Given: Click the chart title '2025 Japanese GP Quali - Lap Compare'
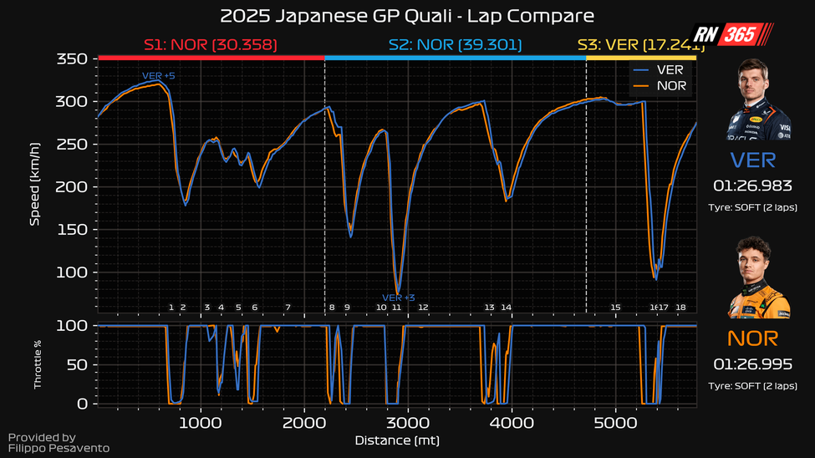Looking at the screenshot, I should point(407,16).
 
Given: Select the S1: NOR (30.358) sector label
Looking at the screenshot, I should point(211,44).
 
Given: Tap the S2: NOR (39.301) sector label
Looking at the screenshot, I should point(456,44).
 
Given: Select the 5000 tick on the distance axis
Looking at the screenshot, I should point(616,423).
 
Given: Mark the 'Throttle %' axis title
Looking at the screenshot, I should point(37,364).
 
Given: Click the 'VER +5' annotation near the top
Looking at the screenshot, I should point(158,76).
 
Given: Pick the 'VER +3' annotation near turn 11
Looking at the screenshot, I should point(399,298).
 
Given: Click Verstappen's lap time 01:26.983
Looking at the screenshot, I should point(752,185).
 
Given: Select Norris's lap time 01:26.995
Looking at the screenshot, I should point(752,364).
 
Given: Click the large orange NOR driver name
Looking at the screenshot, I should point(752,338).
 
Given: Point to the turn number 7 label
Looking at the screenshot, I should point(288,308).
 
